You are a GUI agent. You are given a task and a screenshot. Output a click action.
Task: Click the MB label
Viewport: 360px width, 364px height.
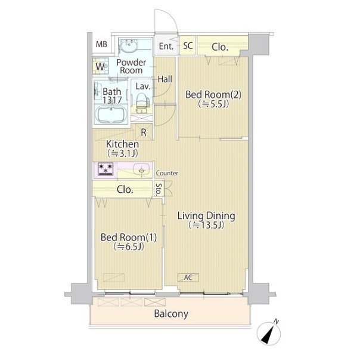click(x=101, y=44)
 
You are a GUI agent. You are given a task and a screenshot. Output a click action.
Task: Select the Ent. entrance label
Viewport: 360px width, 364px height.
click(x=166, y=46)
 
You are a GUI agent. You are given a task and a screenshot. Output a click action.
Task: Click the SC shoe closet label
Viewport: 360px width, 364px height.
click(x=188, y=45)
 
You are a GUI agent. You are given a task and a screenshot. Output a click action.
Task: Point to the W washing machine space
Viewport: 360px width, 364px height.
click(x=100, y=67)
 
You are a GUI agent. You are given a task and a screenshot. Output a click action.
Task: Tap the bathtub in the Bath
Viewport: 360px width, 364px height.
click(x=111, y=115)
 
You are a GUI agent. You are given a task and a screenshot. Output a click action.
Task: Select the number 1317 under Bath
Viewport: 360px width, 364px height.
click(x=112, y=100)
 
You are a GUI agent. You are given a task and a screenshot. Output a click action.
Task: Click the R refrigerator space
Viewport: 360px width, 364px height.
click(x=144, y=132)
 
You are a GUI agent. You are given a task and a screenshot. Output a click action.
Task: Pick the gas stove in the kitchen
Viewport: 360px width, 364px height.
click(x=105, y=169)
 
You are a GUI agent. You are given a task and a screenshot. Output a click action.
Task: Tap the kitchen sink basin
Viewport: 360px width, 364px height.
click(x=141, y=169)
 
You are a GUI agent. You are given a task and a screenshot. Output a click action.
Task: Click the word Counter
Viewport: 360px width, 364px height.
click(x=167, y=173)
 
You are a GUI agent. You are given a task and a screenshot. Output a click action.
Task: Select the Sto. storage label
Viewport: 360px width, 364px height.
click(x=159, y=189)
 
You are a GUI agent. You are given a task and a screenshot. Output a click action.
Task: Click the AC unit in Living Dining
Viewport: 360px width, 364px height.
click(x=188, y=277)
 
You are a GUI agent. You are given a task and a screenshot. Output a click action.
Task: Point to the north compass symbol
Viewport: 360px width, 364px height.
click(x=269, y=334)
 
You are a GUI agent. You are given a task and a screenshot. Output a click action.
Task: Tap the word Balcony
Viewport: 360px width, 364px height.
click(x=171, y=314)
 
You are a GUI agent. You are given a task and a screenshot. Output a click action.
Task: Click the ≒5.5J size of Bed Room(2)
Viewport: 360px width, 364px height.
click(x=213, y=104)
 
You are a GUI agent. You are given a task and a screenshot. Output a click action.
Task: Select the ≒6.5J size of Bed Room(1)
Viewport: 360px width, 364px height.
click(x=129, y=246)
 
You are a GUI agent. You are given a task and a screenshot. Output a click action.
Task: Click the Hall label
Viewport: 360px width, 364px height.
click(x=165, y=79)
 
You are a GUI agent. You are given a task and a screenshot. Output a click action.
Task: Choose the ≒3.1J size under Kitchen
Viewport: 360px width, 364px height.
click(x=122, y=153)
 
